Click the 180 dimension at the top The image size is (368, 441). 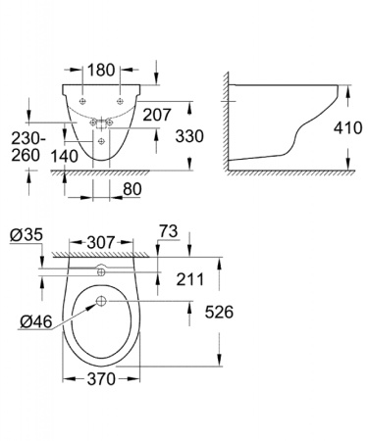102,71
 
